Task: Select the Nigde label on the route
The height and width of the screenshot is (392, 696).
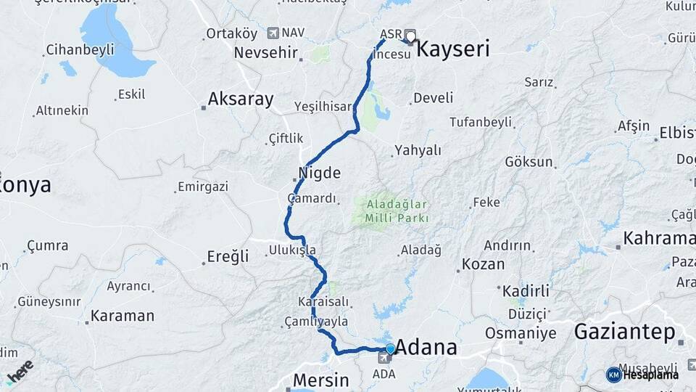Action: pyautogui.click(x=319, y=173)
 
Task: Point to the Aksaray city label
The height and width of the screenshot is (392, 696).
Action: pyautogui.click(x=241, y=99)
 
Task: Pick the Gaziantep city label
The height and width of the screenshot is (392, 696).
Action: pyautogui.click(x=624, y=332)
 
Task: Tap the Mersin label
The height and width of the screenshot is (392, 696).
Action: pyautogui.click(x=320, y=380)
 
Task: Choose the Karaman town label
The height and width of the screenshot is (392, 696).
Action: pyautogui.click(x=123, y=317)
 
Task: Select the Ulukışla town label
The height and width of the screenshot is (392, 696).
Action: pyautogui.click(x=292, y=250)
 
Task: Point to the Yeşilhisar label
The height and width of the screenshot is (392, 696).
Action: pyautogui.click(x=323, y=106)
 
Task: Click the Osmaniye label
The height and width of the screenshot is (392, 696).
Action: pyautogui.click(x=521, y=333)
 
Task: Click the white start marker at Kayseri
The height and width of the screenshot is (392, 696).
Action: pyautogui.click(x=411, y=36)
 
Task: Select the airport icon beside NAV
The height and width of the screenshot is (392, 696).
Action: pyautogui.click(x=273, y=33)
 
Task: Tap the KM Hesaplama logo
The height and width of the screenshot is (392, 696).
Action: pyautogui.click(x=642, y=375)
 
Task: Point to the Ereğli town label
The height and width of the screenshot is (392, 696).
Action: pyautogui.click(x=228, y=256)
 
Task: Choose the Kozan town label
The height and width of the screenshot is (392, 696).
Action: pyautogui.click(x=483, y=264)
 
